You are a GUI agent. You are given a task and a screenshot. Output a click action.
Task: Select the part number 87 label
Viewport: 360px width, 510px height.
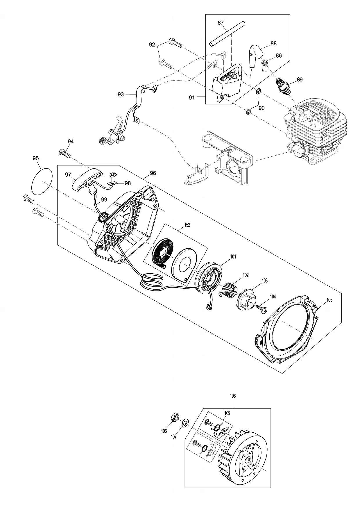pyautogui.click(x=221, y=23)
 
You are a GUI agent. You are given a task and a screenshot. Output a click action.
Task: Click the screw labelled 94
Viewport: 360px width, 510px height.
pyautogui.click(x=65, y=153)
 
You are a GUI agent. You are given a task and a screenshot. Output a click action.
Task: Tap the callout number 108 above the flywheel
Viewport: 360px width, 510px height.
pyautogui.click(x=232, y=396)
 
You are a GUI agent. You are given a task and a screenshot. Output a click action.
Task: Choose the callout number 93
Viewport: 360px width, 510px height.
pyautogui.click(x=121, y=94)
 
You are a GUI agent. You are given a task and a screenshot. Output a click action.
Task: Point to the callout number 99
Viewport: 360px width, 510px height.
pyautogui.click(x=104, y=199)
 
